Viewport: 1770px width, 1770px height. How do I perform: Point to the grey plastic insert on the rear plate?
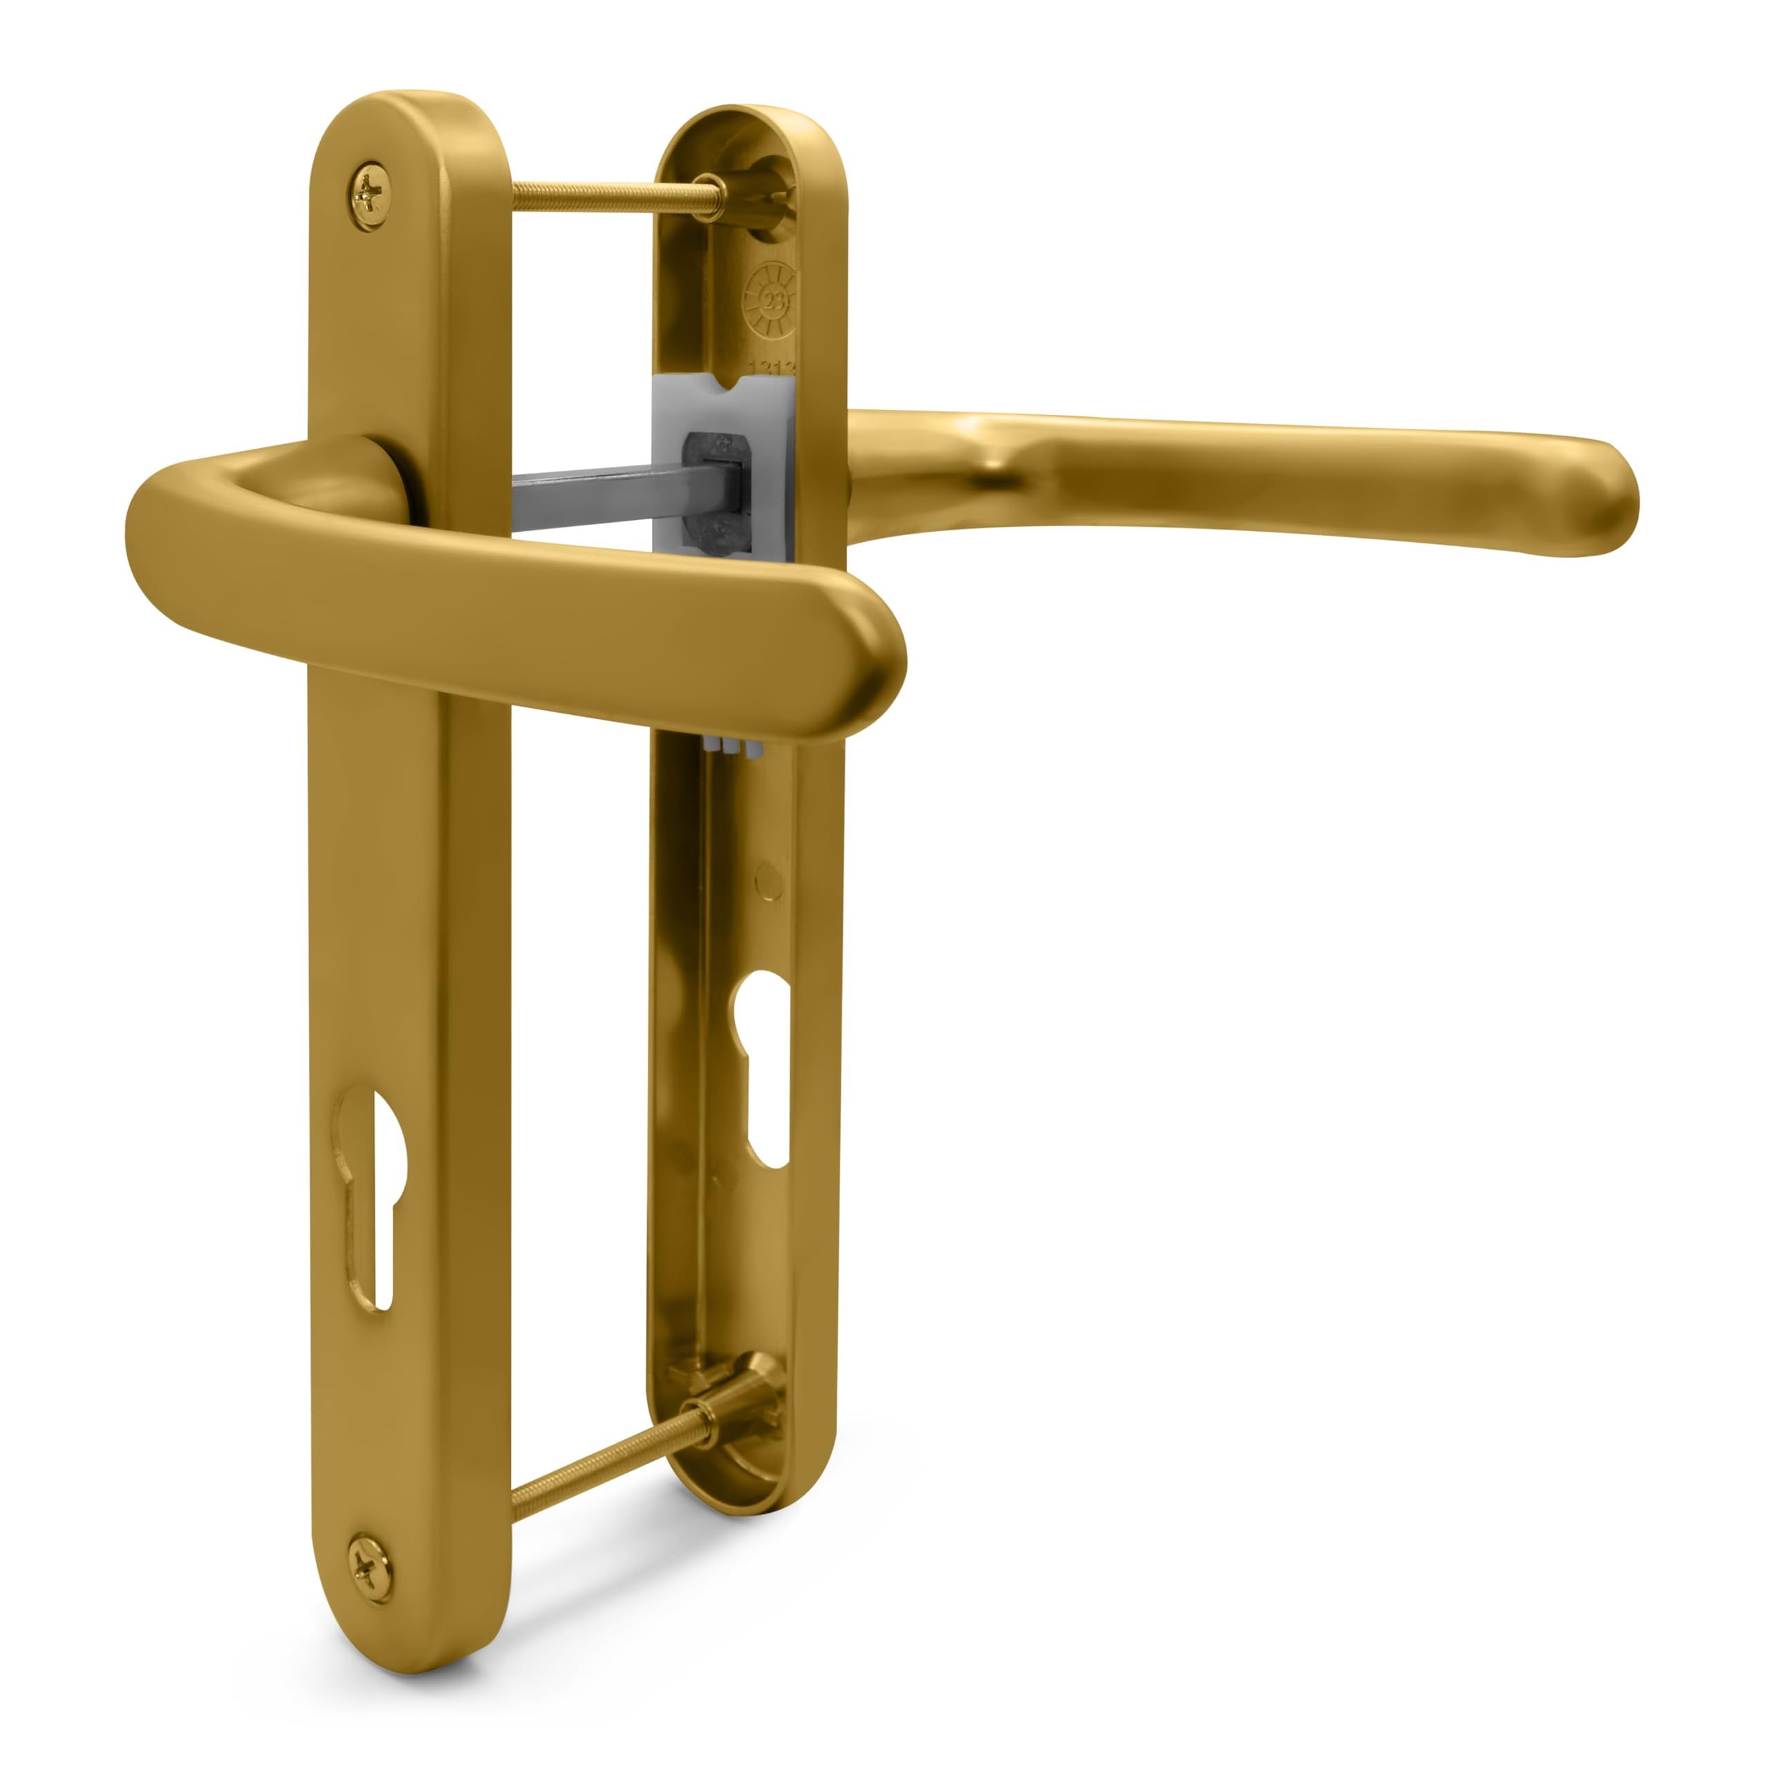724,412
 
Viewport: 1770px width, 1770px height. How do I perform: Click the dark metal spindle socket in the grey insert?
720,495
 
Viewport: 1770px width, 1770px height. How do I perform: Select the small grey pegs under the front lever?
734,749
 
